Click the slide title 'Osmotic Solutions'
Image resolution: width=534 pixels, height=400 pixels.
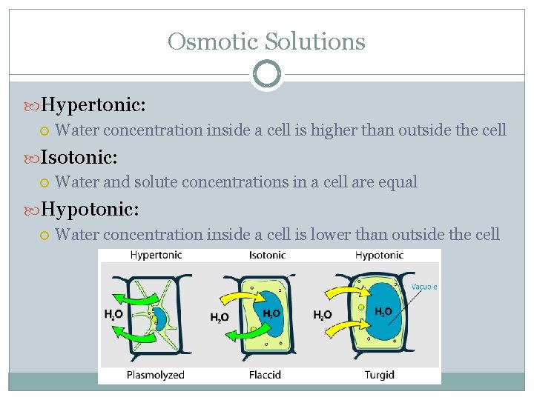pyautogui.click(x=266, y=41)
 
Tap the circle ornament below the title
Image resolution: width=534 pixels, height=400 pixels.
pyautogui.click(x=266, y=74)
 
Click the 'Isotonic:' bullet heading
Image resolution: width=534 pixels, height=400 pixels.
pyautogui.click(x=79, y=156)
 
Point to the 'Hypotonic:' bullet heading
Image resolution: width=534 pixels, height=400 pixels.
pyautogui.click(x=90, y=209)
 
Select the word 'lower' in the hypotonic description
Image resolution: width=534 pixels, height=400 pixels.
pyautogui.click(x=332, y=234)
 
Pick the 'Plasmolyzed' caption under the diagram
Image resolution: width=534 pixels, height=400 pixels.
pyautogui.click(x=155, y=374)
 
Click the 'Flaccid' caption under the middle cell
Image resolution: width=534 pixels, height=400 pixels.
pyautogui.click(x=265, y=374)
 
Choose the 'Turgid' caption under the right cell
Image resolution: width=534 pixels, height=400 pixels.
pyautogui.click(x=379, y=374)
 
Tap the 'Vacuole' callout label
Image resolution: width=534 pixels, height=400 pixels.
pyautogui.click(x=424, y=287)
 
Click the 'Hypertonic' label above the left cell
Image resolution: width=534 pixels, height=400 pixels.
pyautogui.click(x=156, y=255)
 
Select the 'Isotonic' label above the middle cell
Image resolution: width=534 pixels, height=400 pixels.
pyautogui.click(x=266, y=255)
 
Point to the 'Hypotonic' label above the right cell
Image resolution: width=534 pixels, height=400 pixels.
pyautogui.click(x=379, y=255)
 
